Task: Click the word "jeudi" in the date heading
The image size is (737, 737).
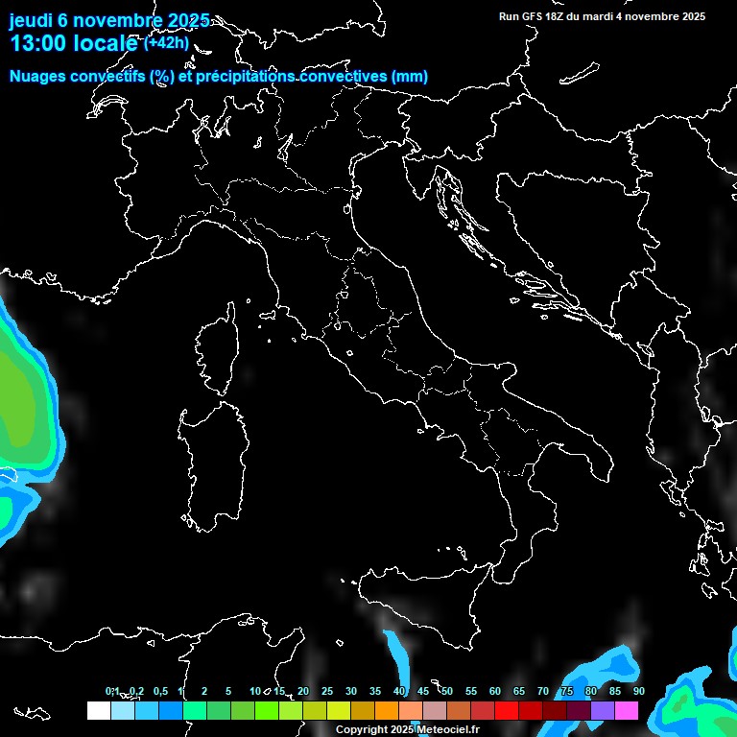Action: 30,21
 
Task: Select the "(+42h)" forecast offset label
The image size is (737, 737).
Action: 166,42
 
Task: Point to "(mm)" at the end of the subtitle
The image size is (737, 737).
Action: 409,77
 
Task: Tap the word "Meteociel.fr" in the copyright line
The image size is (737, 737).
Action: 452,730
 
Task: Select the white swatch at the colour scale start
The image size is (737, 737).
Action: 98,710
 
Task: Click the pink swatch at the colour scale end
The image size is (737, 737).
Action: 626,710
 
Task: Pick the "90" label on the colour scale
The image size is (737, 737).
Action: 639,691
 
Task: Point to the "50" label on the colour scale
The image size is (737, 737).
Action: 447,691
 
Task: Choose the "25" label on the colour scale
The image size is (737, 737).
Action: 327,691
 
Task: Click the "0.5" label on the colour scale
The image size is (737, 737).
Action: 160,691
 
